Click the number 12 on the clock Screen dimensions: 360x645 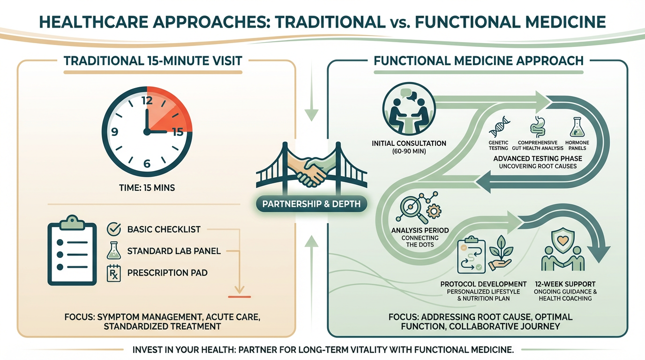[x=147, y=100]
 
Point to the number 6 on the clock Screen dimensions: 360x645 [x=147, y=164]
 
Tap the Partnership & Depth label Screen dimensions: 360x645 [x=312, y=204]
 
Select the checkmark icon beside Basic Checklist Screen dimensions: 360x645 [x=114, y=229]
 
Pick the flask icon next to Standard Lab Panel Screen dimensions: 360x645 [x=114, y=251]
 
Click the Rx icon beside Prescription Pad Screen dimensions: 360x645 [x=114, y=272]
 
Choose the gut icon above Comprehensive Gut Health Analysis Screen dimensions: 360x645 [x=537, y=126]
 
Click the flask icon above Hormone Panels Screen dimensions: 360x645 [x=576, y=127]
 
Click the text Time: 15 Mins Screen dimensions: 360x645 [x=147, y=188]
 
